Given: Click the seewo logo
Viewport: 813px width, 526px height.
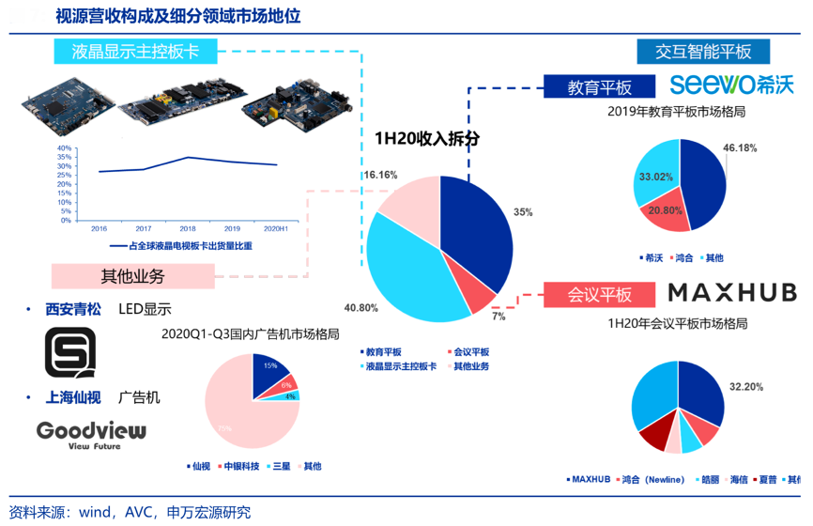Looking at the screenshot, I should [731, 84].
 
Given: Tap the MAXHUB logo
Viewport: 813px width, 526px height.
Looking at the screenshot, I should [732, 292].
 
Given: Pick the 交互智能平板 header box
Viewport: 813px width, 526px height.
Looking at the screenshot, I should [703, 52].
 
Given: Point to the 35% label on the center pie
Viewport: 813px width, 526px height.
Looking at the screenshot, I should [523, 212].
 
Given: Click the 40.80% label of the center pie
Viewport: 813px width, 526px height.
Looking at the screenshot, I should [361, 308].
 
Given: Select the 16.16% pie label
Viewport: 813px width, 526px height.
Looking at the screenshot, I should [380, 175].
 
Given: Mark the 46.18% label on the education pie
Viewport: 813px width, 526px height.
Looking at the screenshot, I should [740, 147].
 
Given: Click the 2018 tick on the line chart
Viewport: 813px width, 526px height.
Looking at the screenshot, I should [188, 228].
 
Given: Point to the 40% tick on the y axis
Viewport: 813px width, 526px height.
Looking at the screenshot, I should [64, 148].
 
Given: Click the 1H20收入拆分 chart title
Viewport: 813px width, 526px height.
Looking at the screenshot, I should [427, 137].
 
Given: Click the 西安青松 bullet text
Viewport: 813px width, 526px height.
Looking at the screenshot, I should [73, 308].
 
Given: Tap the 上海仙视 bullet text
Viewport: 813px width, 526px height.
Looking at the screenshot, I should [73, 397].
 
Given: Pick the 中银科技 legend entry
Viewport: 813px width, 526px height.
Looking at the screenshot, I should [240, 466].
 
